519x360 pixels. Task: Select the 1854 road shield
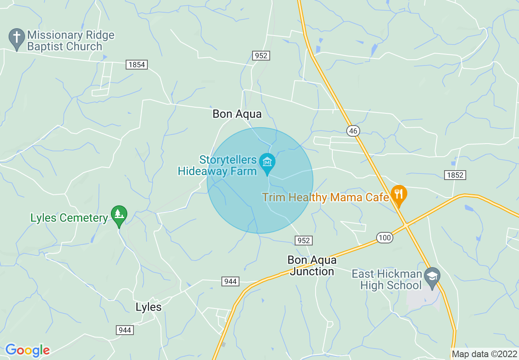click(137, 65)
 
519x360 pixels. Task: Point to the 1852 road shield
click(455, 175)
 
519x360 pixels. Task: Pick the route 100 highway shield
click(385, 237)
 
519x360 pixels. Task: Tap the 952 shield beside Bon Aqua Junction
click(304, 241)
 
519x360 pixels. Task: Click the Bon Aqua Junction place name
click(312, 265)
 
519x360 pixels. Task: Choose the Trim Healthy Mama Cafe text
click(325, 198)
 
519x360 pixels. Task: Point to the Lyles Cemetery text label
click(69, 218)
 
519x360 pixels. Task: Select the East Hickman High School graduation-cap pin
click(431, 275)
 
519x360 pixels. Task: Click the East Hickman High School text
click(387, 279)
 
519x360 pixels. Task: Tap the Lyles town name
click(148, 307)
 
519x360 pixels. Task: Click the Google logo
click(27, 350)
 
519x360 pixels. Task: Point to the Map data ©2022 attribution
click(484, 354)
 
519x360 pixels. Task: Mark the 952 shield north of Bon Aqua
click(261, 56)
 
